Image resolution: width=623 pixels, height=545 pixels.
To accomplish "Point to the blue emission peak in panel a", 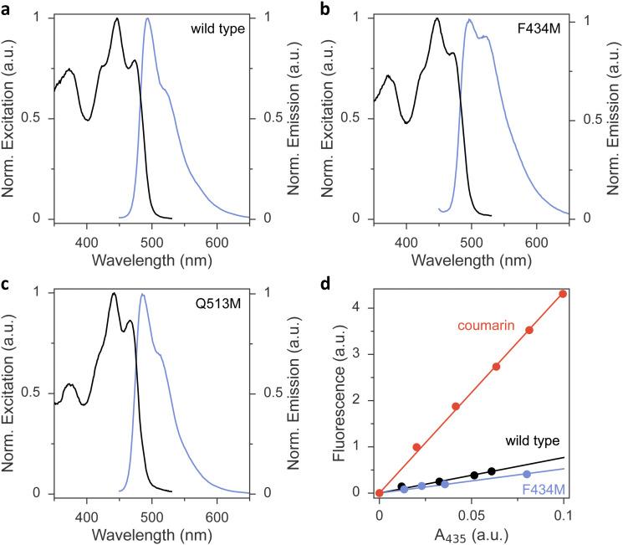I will point(148,18).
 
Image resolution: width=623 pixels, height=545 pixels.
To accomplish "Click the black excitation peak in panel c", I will point(114,293).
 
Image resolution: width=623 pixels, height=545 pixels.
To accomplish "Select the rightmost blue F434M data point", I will point(527,475).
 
